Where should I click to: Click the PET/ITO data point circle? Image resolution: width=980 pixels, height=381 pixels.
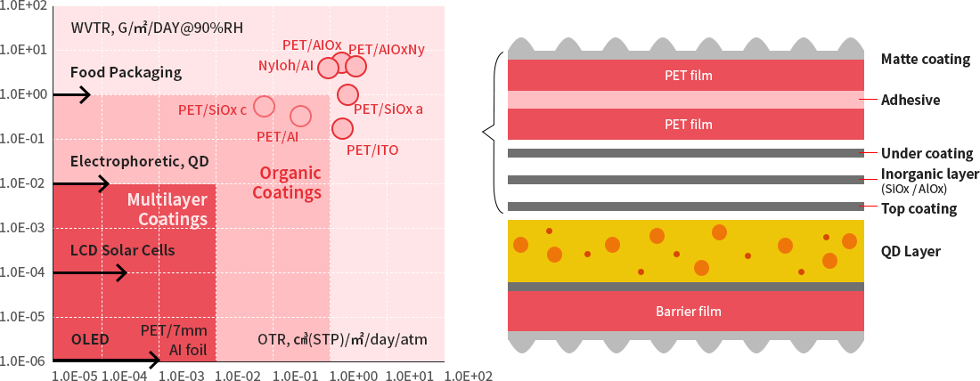(342, 128)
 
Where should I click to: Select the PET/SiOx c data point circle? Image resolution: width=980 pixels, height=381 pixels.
(264, 107)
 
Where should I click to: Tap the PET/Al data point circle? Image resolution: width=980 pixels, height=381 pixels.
(301, 116)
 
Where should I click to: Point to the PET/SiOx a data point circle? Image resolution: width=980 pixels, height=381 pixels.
(348, 94)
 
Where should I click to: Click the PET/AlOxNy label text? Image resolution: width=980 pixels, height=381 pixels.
(386, 50)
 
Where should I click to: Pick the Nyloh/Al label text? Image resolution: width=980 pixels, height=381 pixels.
(285, 65)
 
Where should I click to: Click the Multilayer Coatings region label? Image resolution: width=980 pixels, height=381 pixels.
(167, 209)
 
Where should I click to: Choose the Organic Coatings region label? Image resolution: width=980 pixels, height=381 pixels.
(286, 182)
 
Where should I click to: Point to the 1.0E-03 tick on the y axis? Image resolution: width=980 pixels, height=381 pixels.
(24, 228)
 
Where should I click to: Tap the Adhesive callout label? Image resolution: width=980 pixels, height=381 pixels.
(911, 100)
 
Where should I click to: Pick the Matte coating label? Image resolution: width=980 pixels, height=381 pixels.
(925, 60)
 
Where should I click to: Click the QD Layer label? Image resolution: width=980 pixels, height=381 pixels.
(911, 252)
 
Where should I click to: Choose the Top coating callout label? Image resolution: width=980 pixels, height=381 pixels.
(918, 209)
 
